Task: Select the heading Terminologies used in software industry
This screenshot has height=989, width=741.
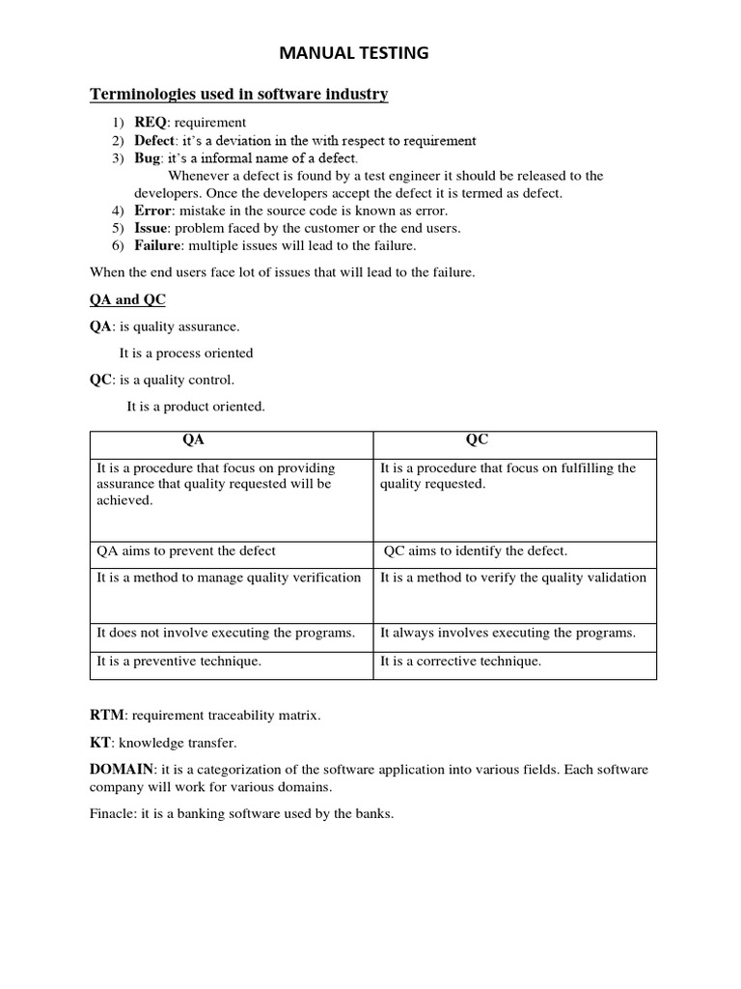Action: [238, 94]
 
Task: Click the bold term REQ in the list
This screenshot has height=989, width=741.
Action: [150, 123]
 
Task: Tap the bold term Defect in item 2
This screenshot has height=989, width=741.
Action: [154, 141]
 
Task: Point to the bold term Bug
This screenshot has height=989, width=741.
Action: [146, 158]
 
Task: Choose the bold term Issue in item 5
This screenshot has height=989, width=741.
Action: [151, 228]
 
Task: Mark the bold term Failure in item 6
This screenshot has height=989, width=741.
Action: [157, 245]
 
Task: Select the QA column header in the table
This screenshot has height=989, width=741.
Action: [193, 439]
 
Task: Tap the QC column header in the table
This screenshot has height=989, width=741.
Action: [477, 439]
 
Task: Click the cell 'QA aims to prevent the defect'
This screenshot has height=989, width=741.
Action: [186, 551]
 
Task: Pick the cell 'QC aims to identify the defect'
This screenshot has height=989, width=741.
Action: [476, 551]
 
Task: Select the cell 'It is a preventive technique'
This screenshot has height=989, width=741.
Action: [179, 662]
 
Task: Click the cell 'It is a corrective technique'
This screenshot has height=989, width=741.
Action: [461, 662]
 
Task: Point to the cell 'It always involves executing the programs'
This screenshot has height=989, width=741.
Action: [508, 633]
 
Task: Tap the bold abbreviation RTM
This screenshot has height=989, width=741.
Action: [106, 716]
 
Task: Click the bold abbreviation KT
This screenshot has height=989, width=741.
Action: [100, 743]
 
